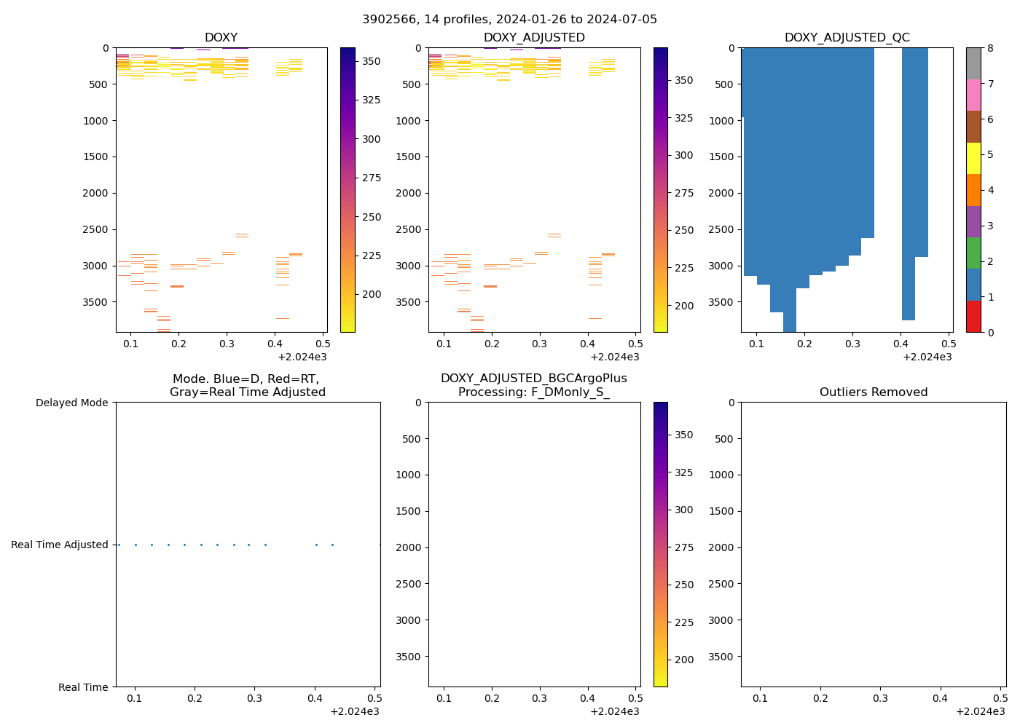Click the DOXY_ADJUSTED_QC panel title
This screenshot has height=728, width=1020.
click(x=847, y=38)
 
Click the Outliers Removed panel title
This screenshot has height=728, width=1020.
click(x=874, y=392)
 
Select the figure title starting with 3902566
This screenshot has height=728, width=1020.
click(x=509, y=20)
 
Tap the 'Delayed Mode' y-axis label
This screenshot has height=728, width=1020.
click(x=71, y=403)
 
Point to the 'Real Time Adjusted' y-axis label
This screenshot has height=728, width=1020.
click(x=60, y=545)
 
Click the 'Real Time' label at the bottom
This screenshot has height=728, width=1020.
click(x=83, y=687)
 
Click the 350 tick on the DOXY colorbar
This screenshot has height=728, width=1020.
click(x=371, y=61)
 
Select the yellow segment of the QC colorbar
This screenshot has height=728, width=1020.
click(x=973, y=158)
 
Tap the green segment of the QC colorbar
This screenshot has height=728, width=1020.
click(x=973, y=253)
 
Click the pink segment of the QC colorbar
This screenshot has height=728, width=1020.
click(x=973, y=95)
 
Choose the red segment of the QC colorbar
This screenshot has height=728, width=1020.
click(x=973, y=316)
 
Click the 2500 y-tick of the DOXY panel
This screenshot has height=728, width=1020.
click(x=95, y=229)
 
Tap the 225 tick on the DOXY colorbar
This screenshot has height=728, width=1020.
click(x=371, y=256)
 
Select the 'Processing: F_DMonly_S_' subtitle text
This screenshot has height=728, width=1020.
click(x=534, y=392)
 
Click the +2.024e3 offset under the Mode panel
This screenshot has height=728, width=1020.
click(x=355, y=711)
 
